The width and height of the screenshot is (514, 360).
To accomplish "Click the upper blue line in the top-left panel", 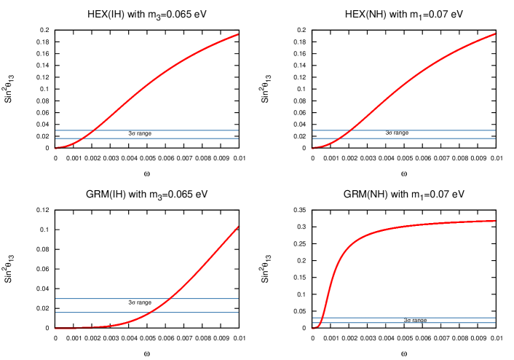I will tap(182, 130).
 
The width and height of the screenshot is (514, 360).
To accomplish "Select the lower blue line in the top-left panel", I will tap(182, 138).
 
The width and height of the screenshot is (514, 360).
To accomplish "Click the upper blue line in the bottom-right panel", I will tap(437, 318).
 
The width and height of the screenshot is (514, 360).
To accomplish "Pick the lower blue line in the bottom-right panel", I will tap(437, 323).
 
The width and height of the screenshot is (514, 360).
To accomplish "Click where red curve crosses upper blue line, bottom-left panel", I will tap(170, 299).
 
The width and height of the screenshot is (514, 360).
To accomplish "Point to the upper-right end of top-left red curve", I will tap(238, 34).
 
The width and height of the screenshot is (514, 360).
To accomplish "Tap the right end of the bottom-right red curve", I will tap(497, 221).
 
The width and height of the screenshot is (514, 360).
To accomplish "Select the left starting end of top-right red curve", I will tap(313, 149).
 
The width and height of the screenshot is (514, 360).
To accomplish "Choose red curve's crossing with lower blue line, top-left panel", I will tap(82, 138).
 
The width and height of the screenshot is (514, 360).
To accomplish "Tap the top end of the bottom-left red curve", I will tap(238, 227).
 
